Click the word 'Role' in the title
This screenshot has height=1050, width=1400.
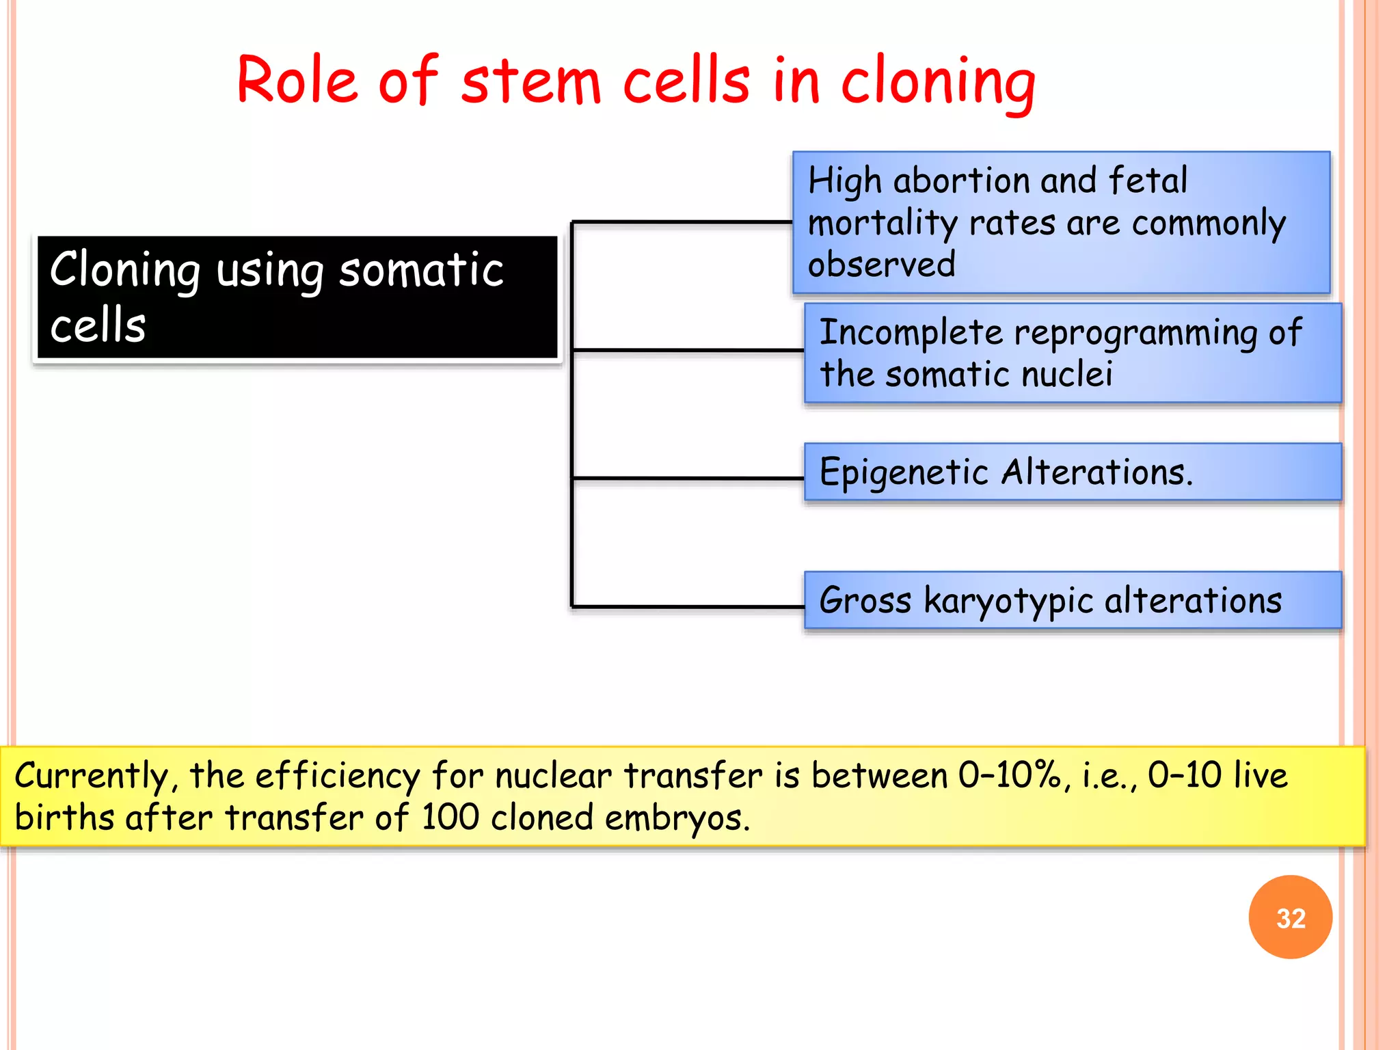click(x=297, y=81)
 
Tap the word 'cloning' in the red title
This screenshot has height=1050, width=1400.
click(x=937, y=83)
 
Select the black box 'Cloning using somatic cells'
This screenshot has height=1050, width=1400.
click(x=297, y=297)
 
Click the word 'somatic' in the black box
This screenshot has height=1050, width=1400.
click(x=421, y=270)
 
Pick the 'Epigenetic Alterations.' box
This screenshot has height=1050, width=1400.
click(x=1073, y=472)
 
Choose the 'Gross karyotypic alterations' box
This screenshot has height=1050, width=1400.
click(x=1073, y=601)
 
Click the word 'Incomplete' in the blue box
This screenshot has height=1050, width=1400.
click(x=911, y=333)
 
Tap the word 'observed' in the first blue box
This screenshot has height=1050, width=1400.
click(x=881, y=265)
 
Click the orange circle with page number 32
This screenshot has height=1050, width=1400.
click(x=1290, y=917)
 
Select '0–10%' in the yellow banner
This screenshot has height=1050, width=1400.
click(x=1010, y=775)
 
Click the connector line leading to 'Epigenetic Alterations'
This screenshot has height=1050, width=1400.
click(x=687, y=478)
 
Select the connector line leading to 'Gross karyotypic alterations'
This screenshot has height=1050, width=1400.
click(x=687, y=606)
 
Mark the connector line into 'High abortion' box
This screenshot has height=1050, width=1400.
click(x=682, y=222)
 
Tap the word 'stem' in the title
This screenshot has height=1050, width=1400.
click(x=530, y=83)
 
